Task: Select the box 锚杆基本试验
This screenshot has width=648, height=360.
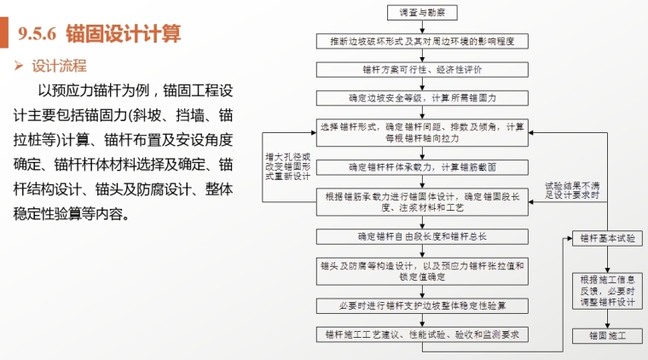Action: tap(607, 239)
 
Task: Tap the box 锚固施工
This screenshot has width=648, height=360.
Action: tap(607, 335)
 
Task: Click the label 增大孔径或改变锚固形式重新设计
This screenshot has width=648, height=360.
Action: tap(287, 168)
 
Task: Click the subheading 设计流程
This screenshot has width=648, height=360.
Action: tap(59, 66)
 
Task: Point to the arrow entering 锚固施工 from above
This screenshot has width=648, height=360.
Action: tap(607, 319)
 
